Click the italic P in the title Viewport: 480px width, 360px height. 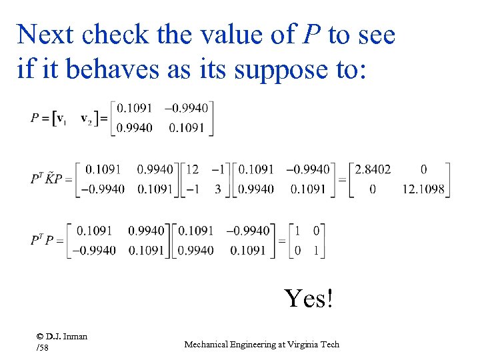coord(311,35)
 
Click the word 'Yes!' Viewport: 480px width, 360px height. coord(308,298)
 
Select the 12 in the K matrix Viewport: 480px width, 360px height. coord(192,169)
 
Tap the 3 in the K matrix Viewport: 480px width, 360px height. coord(217,189)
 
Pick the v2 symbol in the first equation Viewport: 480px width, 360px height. coord(87,118)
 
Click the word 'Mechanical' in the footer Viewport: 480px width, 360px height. coord(206,344)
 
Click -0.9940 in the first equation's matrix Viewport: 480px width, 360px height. coord(188,108)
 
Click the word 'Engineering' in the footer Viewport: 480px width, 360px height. coord(255,344)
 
